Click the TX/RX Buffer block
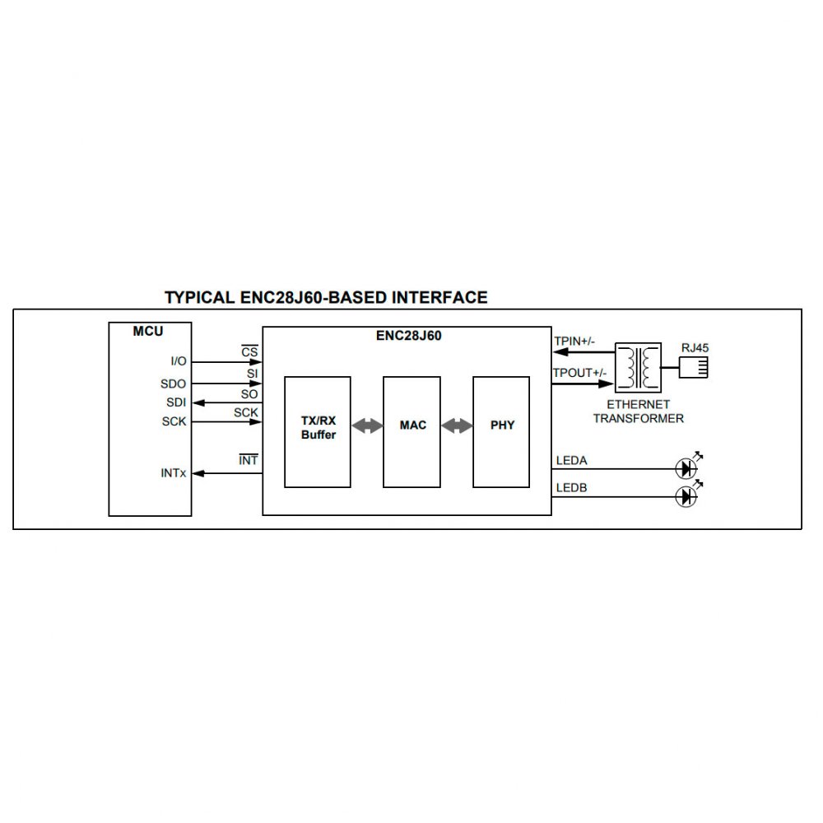[318, 431]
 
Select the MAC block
[412, 431]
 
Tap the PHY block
[501, 431]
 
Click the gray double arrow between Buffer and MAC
[367, 425]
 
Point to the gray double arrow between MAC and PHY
[457, 425]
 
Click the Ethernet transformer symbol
[639, 366]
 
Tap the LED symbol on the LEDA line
[686, 468]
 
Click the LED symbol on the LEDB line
[686, 496]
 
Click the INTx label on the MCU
[174, 473]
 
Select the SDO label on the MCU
[174, 384]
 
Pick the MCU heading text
[148, 332]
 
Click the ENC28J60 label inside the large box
[407, 335]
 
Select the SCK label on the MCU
[174, 421]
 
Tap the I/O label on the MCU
[178, 361]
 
